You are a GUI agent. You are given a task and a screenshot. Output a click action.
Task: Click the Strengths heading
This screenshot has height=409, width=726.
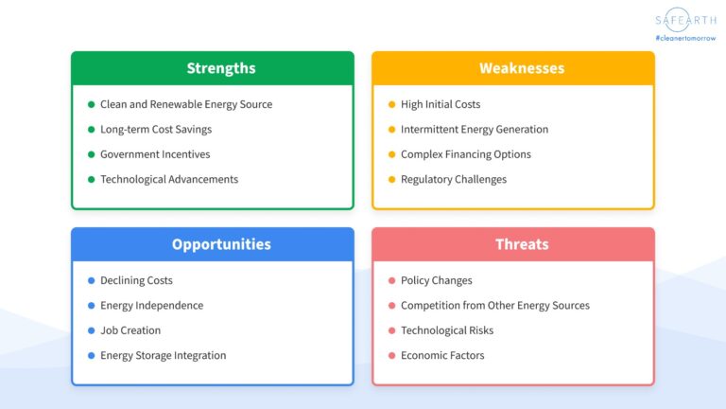pyautogui.click(x=221, y=68)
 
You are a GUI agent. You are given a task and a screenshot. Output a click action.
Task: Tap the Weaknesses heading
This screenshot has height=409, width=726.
pyautogui.click(x=522, y=68)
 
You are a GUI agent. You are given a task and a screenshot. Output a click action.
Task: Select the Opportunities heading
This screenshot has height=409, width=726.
pyautogui.click(x=221, y=244)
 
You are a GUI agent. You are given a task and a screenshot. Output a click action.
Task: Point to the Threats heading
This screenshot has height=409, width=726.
pyautogui.click(x=522, y=244)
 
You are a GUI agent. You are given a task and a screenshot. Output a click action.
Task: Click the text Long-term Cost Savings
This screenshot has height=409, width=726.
pyautogui.click(x=156, y=129)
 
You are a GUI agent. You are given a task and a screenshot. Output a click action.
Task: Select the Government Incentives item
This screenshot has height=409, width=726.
pyautogui.click(x=155, y=154)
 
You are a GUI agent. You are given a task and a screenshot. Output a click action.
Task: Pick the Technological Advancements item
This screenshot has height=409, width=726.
pyautogui.click(x=169, y=179)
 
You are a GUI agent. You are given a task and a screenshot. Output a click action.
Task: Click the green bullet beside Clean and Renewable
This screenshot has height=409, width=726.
pyautogui.click(x=92, y=104)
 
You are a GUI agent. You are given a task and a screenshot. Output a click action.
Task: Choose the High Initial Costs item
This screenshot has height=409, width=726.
pyautogui.click(x=441, y=104)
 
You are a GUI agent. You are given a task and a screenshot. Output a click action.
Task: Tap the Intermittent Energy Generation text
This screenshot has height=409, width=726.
pyautogui.click(x=475, y=129)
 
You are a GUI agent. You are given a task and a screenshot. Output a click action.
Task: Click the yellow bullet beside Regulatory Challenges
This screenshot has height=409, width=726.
pyautogui.click(x=392, y=179)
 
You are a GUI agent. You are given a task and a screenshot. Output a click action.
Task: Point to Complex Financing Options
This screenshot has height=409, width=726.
pyautogui.click(x=466, y=154)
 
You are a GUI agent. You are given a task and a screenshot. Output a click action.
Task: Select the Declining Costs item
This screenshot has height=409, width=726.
pyautogui.click(x=136, y=280)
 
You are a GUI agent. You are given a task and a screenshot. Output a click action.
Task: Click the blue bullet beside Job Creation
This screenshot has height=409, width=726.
pyautogui.click(x=92, y=330)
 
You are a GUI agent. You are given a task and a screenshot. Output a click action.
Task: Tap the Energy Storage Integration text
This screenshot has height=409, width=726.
pyautogui.click(x=164, y=355)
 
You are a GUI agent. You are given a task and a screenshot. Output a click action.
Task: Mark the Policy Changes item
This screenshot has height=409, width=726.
pyautogui.click(x=437, y=280)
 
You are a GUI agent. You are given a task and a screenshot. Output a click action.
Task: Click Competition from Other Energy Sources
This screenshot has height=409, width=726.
pyautogui.click(x=495, y=305)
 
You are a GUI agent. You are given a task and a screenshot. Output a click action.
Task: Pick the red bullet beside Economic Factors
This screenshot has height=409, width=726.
pyautogui.click(x=392, y=355)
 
